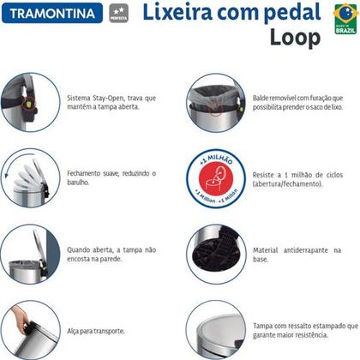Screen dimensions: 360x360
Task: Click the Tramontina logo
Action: click(x=43, y=14)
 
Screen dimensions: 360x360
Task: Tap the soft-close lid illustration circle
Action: click(x=26, y=177)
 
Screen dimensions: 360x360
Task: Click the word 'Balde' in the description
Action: click(x=263, y=99)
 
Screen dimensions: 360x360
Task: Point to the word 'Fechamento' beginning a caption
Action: click(x=87, y=173)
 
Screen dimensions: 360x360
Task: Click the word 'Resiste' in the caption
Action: click(x=266, y=175)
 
